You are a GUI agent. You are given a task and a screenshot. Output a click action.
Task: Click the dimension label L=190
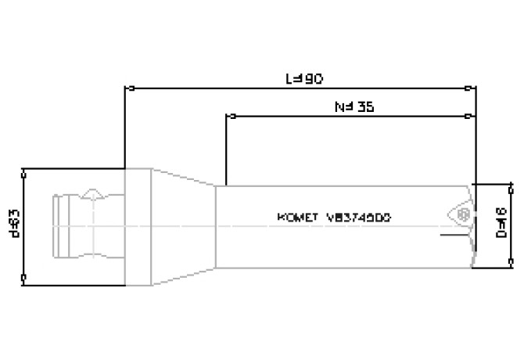click(304, 78)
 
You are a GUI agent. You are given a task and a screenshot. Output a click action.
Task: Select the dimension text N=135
click(354, 107)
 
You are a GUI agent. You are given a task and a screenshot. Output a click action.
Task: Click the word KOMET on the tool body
click(296, 218)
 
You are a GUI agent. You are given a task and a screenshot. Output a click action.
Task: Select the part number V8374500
click(358, 218)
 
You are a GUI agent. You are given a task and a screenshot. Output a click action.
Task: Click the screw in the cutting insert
click(462, 214)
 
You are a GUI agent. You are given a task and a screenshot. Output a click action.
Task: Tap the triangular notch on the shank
click(94, 193)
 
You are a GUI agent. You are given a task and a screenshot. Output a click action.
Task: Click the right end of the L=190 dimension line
click(468, 88)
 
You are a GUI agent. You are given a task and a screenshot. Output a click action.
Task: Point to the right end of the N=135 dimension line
click(468, 117)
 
